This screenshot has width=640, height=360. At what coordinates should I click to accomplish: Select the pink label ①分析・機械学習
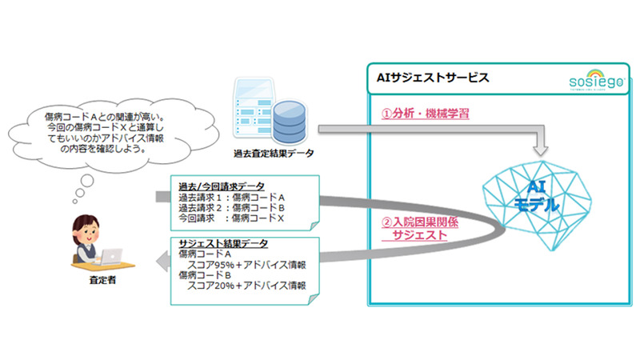pyautogui.click(x=423, y=114)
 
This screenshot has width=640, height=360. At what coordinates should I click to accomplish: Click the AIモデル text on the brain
pyautogui.click(x=538, y=197)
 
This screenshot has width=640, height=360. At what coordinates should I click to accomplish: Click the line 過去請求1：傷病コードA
pyautogui.click(x=231, y=196)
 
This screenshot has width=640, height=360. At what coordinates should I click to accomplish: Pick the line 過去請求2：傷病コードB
pyautogui.click(x=231, y=206)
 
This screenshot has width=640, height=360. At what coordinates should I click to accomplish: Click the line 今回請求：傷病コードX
pyautogui.click(x=231, y=217)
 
